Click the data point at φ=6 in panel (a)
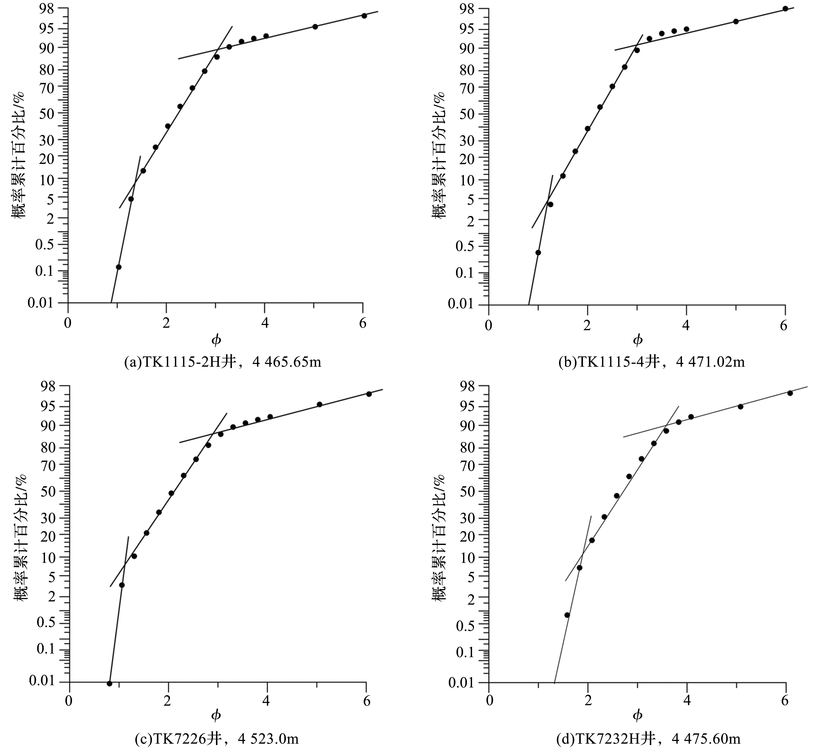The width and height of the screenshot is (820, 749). click(x=364, y=16)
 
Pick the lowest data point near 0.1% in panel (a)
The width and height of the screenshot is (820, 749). click(x=118, y=267)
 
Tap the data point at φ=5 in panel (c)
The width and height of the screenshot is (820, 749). click(x=319, y=404)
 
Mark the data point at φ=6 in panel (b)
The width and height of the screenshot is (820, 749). click(x=785, y=9)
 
